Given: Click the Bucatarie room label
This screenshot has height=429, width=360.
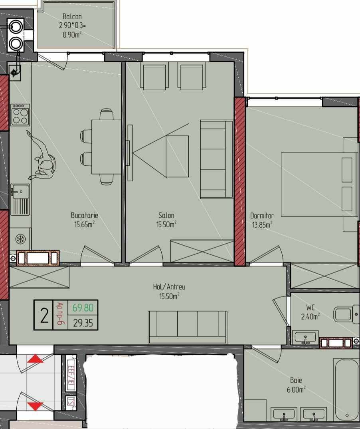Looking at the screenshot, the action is click(x=85, y=215).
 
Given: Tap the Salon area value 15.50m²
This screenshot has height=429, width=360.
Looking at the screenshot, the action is click(x=166, y=224).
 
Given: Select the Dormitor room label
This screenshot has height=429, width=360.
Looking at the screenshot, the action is click(x=262, y=216).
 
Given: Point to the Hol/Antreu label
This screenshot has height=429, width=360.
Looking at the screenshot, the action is click(x=169, y=287).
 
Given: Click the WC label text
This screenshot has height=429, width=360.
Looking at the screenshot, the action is click(x=311, y=308).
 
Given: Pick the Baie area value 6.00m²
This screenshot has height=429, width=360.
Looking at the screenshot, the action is click(x=296, y=389).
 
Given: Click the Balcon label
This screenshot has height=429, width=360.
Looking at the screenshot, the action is click(x=72, y=16).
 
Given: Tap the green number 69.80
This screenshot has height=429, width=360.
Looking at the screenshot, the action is click(x=83, y=308).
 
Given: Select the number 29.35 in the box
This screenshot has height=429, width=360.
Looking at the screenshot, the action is click(x=83, y=323).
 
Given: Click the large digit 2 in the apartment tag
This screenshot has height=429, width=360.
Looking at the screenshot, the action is click(x=44, y=316).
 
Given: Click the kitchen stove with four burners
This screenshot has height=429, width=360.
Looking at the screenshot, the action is click(x=20, y=115).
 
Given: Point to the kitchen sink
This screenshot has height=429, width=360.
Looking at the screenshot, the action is click(x=20, y=199).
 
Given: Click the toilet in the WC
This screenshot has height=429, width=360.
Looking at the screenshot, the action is click(x=346, y=314).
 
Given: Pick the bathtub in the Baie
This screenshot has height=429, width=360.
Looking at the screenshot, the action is click(x=346, y=389).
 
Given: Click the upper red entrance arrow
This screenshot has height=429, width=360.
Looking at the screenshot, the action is click(x=35, y=359).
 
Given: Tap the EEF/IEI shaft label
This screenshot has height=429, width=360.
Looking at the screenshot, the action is click(x=71, y=377).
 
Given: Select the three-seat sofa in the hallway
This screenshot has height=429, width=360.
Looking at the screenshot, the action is click(x=188, y=327).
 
